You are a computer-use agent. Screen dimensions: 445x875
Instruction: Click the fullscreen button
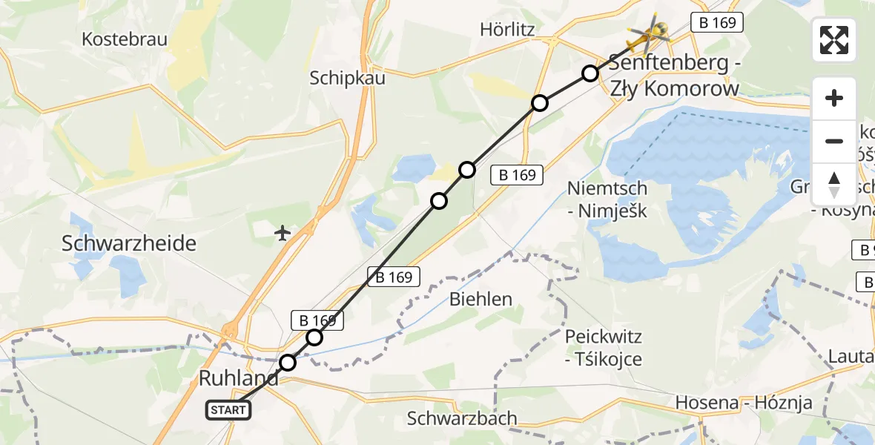pos(834,40)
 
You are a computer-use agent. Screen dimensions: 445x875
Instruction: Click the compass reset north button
pos(834,184)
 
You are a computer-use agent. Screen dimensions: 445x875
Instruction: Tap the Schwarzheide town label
pos(130,243)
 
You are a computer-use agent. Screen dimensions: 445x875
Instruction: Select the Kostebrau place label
pos(125,39)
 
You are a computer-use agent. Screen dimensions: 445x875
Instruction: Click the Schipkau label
pos(348,78)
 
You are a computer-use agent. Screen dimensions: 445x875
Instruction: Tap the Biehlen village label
pos(481,299)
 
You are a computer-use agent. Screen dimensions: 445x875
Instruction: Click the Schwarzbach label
pos(462,418)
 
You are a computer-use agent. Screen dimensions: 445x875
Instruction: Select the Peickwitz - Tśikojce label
pos(604,348)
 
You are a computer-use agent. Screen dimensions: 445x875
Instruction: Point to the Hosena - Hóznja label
pos(744,403)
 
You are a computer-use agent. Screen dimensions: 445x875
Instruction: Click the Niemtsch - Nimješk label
pos(607,200)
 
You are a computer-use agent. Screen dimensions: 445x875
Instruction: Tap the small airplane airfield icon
pos(282,233)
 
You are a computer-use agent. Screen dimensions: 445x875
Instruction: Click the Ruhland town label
pos(239,378)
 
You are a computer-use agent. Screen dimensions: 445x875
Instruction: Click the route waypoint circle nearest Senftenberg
pos(590,73)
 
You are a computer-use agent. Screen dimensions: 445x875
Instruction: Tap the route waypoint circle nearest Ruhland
pos(288,363)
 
